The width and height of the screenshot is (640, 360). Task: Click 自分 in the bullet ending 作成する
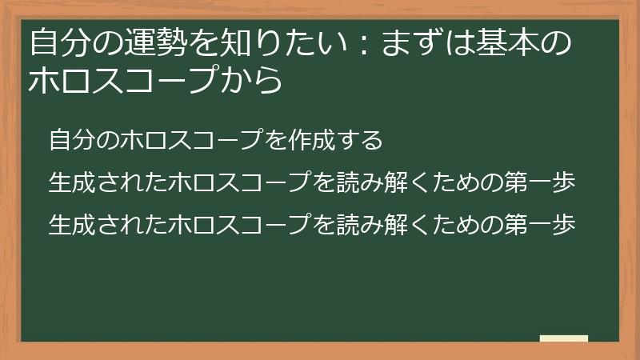[71, 141]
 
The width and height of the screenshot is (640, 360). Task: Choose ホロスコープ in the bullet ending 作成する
[190, 141]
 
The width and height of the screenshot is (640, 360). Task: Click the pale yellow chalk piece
[564, 339]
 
